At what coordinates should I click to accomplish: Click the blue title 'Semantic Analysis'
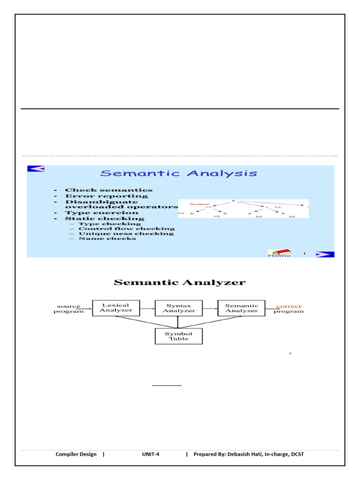179,173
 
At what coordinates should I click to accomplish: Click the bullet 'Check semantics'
108,190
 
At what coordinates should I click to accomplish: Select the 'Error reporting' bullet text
106,196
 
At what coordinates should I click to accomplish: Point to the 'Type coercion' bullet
101,212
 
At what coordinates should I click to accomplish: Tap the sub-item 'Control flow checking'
126,228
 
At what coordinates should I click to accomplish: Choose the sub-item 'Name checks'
107,239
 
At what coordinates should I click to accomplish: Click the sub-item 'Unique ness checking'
126,233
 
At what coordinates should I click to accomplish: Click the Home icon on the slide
279,253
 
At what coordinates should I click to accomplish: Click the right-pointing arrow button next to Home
324,254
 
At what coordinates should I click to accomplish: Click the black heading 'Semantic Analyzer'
180,282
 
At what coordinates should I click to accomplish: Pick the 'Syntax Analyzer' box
179,308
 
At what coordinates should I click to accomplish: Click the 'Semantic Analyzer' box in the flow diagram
241,308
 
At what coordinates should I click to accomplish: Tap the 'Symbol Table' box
179,336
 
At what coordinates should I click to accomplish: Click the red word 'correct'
289,306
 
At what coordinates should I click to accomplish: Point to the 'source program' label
69,308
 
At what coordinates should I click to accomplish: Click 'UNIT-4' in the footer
151,454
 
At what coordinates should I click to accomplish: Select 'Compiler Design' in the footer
76,454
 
